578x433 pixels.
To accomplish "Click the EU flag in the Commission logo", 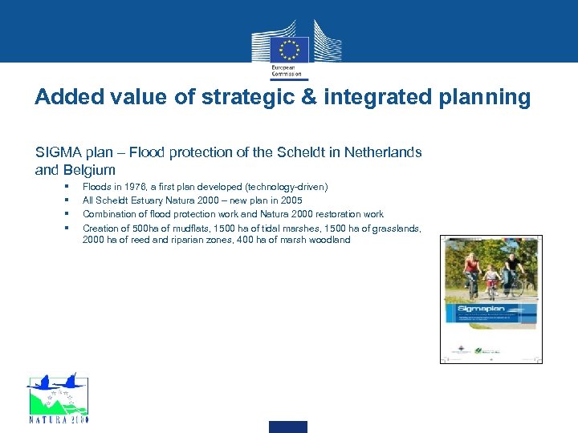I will pyautogui.click(x=290, y=47).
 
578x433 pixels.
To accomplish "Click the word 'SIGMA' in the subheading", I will pyautogui.click(x=55, y=152).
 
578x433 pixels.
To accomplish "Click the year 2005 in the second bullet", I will pyautogui.click(x=290, y=200).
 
